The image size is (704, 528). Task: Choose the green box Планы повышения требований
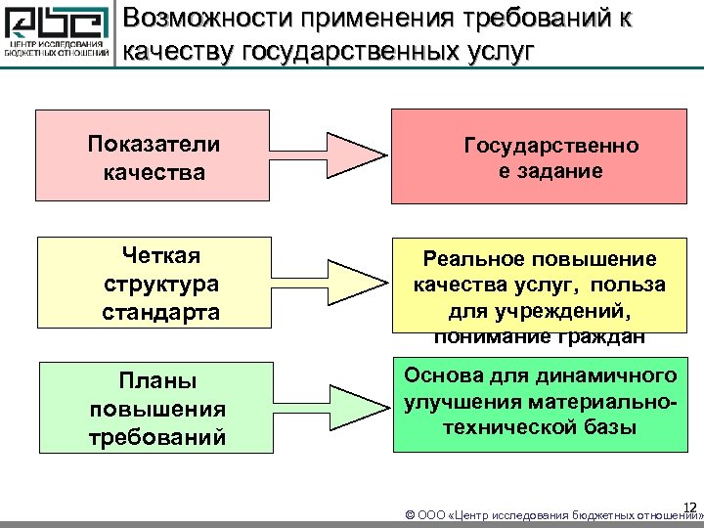tap(153, 408)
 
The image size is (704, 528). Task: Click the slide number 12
tap(689, 506)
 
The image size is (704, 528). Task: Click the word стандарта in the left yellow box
tap(161, 314)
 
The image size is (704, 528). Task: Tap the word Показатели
tap(154, 144)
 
